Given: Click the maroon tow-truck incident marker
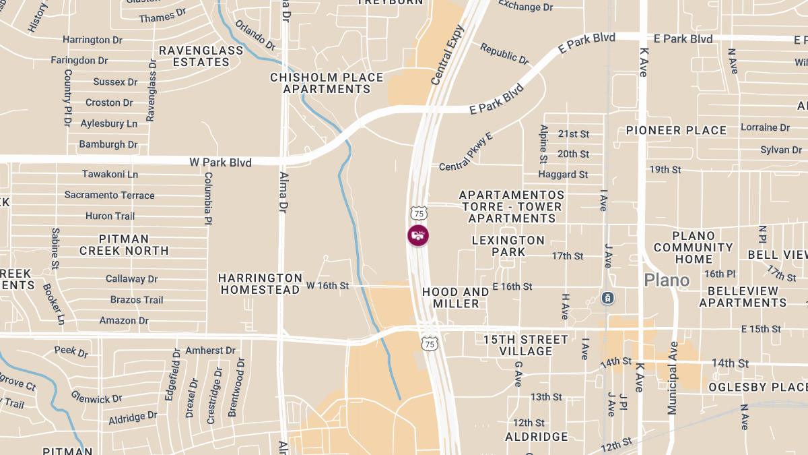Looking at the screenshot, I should [418, 235].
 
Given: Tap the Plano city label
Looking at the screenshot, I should [666, 280].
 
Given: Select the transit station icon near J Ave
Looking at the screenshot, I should [607, 297].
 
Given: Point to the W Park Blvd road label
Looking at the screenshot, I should [220, 162].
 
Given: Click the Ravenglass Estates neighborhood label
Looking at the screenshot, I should [194, 56].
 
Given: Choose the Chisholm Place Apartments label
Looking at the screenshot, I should [327, 83].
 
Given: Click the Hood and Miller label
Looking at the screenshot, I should [456, 297].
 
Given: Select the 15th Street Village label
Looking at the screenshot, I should [526, 345].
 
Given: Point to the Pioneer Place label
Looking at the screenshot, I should [676, 130].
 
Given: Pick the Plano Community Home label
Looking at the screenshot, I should [694, 247].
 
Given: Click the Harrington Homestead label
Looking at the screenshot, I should [260, 284].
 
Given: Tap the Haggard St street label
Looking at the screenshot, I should [563, 175].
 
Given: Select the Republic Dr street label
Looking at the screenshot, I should [504, 53].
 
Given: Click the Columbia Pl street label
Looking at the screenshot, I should [209, 198].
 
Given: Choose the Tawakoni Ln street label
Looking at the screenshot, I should [110, 174].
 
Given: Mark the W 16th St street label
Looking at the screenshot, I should [328, 286].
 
